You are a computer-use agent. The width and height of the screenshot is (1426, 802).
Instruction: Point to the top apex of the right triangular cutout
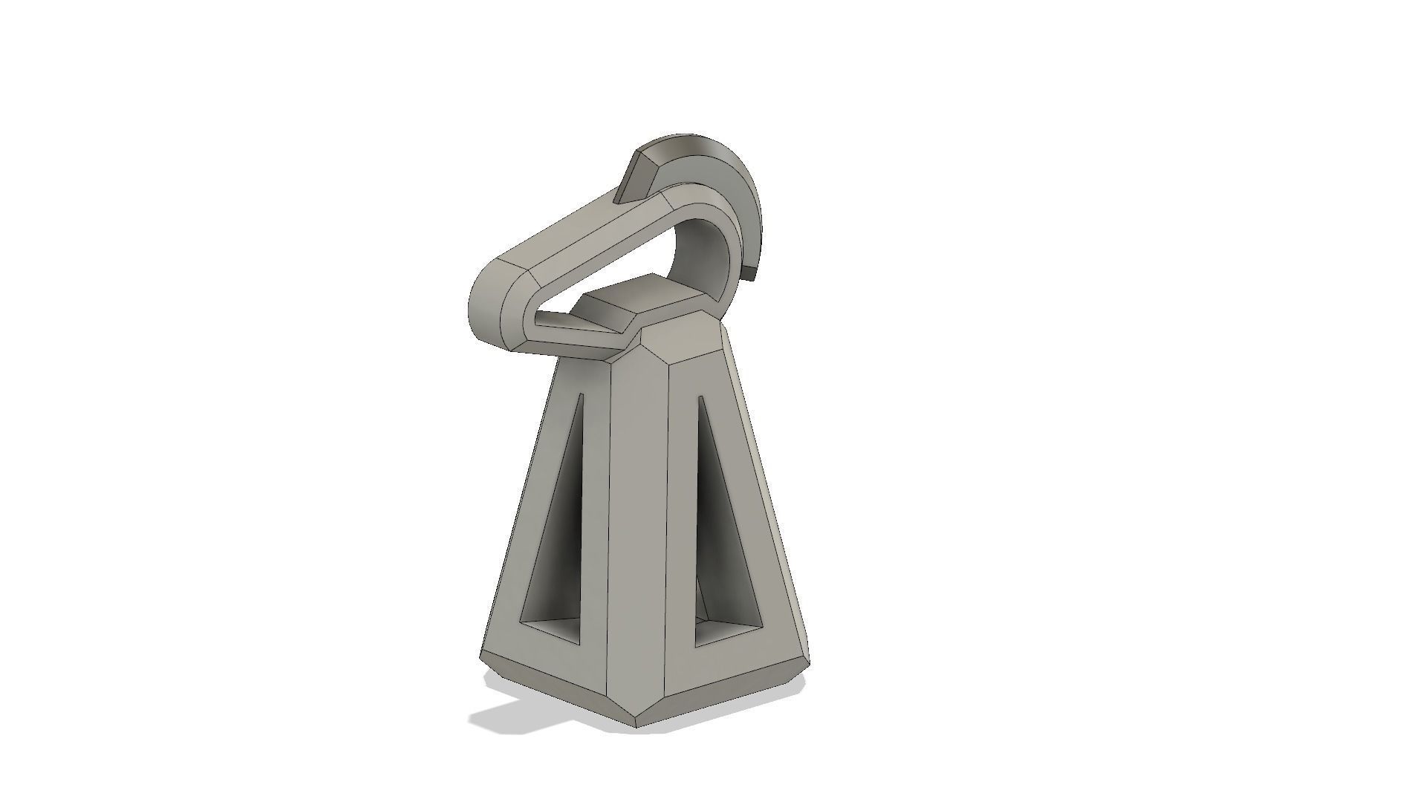[x=700, y=401]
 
